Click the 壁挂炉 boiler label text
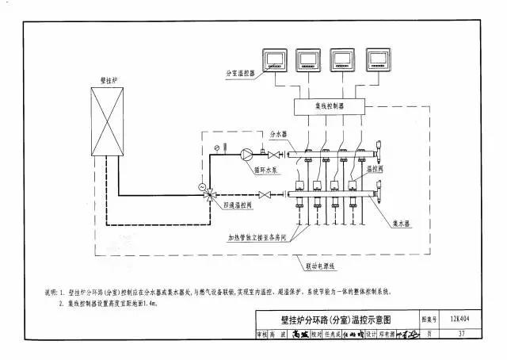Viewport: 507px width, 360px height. [x=109, y=80]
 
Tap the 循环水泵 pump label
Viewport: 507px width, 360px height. [x=265, y=170]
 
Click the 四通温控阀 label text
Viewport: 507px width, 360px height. [x=238, y=204]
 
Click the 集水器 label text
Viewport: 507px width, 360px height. [x=402, y=224]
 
